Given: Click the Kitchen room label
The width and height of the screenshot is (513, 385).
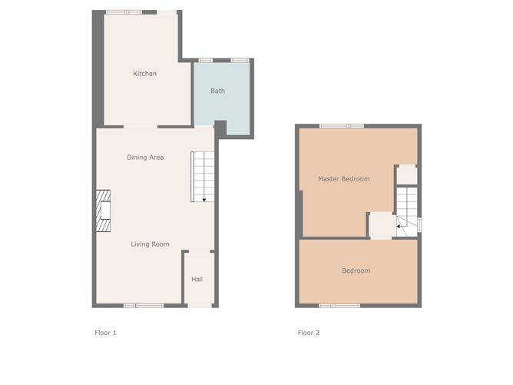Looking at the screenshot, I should tap(144, 74).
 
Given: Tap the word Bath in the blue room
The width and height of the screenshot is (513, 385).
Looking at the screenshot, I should tap(218, 91).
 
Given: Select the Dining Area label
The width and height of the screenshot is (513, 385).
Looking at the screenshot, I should tap(145, 158).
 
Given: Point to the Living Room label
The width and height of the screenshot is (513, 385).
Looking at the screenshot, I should tap(150, 244).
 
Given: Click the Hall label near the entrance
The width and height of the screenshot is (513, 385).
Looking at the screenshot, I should tap(197, 279).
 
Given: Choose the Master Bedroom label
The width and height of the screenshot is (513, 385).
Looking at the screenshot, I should tap(343, 179).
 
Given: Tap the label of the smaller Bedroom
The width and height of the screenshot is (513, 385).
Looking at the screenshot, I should tap(356, 270).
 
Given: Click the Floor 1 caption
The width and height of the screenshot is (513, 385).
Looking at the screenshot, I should tap(104, 333).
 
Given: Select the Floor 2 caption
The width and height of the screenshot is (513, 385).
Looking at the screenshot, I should tap(309, 333).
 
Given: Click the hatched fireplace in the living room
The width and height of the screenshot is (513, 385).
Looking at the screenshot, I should tap(103, 211).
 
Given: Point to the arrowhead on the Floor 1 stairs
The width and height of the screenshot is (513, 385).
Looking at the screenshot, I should tap(205, 200).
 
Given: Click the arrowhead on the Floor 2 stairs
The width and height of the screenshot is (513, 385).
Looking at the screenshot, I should tap(398, 227).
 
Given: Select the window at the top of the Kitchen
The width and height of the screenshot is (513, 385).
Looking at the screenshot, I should tap(124, 12).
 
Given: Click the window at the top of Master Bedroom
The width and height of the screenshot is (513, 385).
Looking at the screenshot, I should tap(342, 125).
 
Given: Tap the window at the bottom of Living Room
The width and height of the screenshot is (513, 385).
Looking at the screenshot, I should tap(144, 306).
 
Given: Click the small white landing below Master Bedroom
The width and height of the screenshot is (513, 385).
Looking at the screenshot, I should tap(381, 226).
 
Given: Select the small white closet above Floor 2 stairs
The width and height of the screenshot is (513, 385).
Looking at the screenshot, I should tap(406, 174).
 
